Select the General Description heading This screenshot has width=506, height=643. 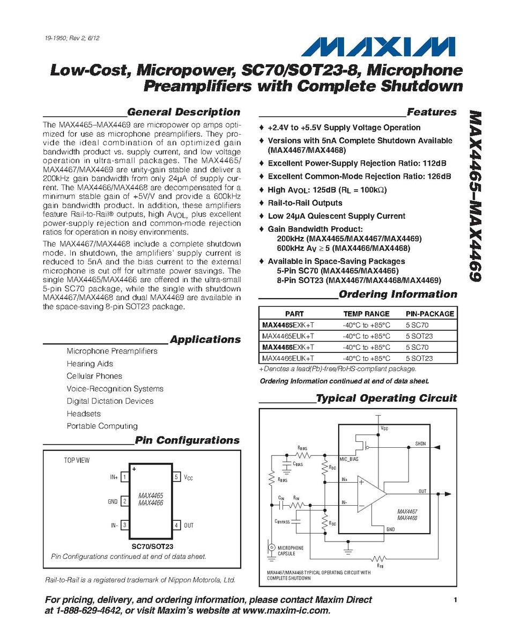(184, 112)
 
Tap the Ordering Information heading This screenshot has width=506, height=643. (398, 294)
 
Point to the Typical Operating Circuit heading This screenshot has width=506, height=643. (386, 398)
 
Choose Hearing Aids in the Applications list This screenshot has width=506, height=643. (90, 364)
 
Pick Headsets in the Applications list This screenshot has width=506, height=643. (83, 413)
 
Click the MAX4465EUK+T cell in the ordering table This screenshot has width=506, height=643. (287, 336)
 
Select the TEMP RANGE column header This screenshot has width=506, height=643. (366, 314)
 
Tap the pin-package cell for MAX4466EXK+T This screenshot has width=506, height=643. (418, 347)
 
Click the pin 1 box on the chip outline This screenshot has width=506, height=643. (124, 476)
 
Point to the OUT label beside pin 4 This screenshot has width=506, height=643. (189, 526)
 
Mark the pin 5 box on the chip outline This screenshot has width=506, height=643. (177, 476)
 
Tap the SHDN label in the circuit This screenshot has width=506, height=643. (420, 444)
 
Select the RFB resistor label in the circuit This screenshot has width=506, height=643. (379, 565)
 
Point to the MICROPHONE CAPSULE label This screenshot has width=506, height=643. (290, 551)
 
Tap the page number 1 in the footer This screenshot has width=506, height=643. (455, 600)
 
